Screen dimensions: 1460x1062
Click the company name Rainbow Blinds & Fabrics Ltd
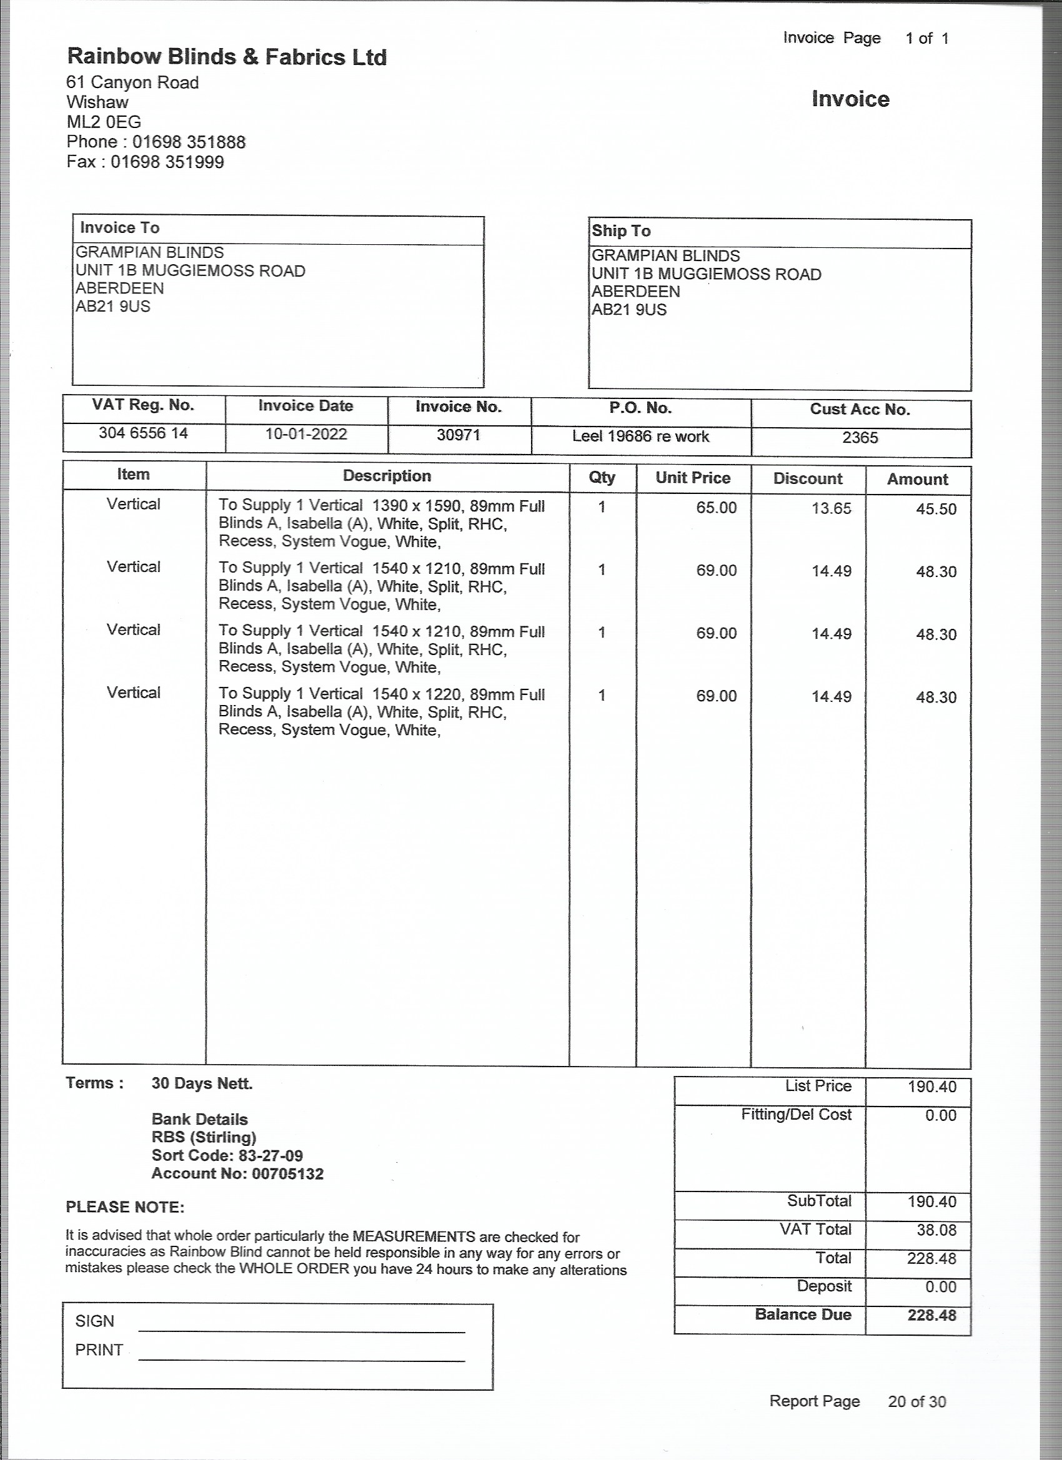[227, 57]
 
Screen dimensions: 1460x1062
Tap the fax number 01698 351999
[167, 162]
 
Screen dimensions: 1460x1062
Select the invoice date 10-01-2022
[306, 434]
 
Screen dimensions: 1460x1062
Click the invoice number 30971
[459, 435]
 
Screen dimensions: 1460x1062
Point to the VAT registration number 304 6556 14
[143, 433]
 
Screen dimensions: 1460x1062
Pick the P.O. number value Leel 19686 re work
[640, 437]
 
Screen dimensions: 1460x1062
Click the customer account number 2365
[860, 438]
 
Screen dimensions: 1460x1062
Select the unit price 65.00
[715, 508]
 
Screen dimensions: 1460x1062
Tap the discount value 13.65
[831, 508]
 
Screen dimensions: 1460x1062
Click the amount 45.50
[936, 509]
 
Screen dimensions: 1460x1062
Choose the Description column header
[387, 476]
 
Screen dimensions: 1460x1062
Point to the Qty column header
[602, 478]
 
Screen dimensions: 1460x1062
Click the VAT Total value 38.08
[936, 1230]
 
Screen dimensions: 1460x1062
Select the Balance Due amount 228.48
[931, 1315]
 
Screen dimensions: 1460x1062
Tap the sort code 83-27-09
[270, 1155]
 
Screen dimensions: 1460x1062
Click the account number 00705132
[287, 1173]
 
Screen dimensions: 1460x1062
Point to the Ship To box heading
[621, 231]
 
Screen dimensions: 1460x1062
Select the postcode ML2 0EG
[104, 122]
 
